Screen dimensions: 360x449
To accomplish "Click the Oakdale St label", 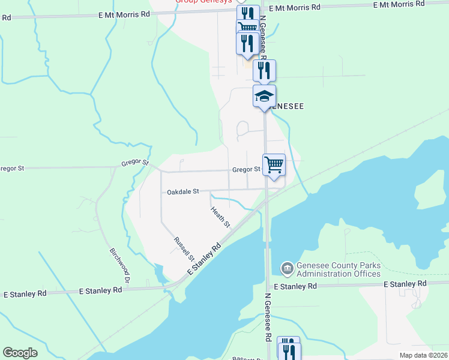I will click(x=182, y=192).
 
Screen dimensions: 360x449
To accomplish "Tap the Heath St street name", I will click(x=220, y=217).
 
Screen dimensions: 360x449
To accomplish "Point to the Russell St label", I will click(x=184, y=249).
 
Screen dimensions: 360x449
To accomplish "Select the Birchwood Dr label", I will click(x=119, y=264).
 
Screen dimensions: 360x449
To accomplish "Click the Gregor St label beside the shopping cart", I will click(x=246, y=170).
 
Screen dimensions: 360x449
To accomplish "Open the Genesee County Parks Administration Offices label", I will click(x=339, y=270).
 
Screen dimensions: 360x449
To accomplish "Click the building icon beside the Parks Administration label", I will click(x=287, y=268).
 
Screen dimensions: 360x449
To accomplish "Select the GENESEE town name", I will click(x=285, y=106).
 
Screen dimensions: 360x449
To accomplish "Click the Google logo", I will click(x=20, y=353).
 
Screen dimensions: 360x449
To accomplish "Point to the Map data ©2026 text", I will click(x=423, y=355).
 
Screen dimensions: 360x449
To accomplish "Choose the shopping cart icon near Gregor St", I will click(x=274, y=164).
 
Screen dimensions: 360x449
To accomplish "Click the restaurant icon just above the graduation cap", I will click(x=264, y=71).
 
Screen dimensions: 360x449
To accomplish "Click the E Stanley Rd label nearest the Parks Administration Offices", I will click(x=295, y=287).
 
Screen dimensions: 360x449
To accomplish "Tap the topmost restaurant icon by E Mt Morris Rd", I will click(x=248, y=13).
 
